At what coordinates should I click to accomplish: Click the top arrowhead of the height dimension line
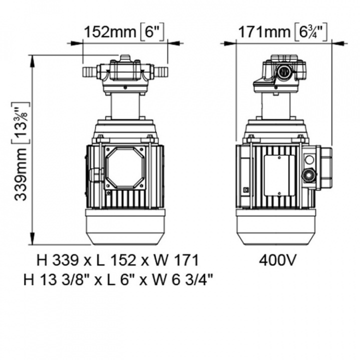coord(32,57)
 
